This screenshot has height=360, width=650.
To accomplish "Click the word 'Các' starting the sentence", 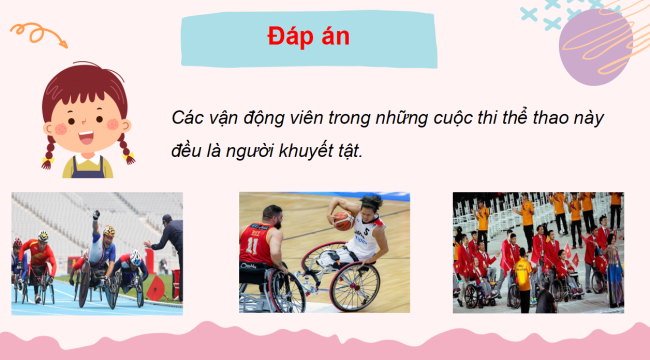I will pos(186,118).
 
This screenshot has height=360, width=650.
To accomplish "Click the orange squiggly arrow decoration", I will pos(40,36).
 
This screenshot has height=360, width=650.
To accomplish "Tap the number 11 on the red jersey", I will pos(254,245).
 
